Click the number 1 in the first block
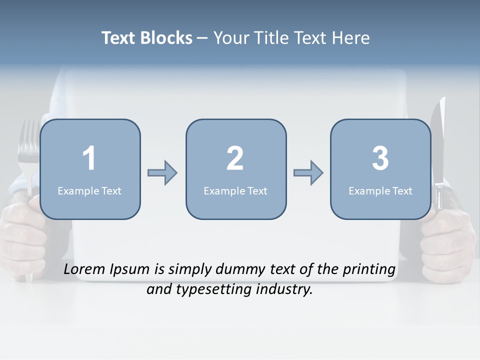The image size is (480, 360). click(89, 158)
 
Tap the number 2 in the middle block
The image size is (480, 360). click(235, 158)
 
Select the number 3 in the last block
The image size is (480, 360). click(380, 158)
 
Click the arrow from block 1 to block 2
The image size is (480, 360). click(162, 173)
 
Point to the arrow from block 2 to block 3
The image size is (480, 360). click(308, 173)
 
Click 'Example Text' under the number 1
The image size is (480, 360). click(89, 191)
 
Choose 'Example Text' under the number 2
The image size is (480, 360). click(235, 191)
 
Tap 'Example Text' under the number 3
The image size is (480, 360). click(380, 191)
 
